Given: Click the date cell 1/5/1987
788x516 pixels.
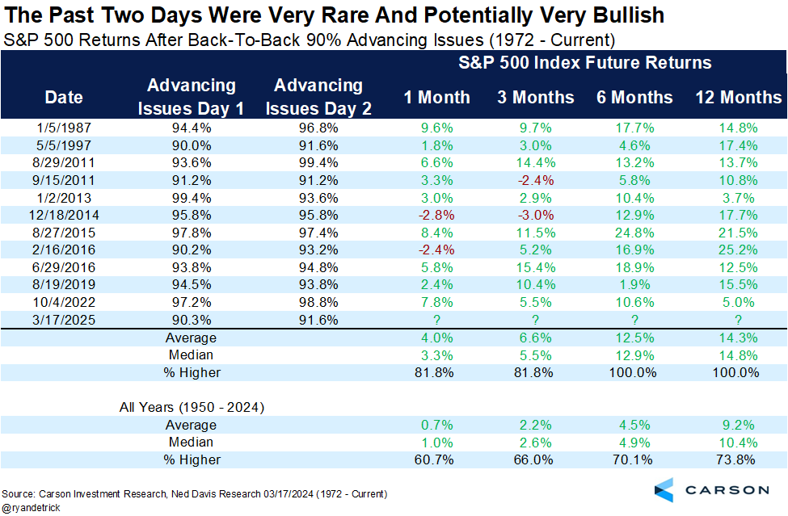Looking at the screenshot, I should [64, 127].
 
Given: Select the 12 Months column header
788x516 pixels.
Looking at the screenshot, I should [739, 98].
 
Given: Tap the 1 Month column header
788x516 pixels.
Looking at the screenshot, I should [437, 98].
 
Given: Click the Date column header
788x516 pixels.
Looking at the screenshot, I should [64, 98].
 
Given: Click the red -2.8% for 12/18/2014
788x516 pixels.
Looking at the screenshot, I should [437, 215].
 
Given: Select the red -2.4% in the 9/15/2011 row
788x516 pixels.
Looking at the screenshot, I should [536, 180].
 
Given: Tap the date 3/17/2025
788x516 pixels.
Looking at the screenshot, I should [64, 320].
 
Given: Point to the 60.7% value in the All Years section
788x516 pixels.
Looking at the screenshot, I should [437, 460].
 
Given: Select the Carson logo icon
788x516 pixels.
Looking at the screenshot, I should [664, 489].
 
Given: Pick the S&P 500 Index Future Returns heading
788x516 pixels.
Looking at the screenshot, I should [586, 62].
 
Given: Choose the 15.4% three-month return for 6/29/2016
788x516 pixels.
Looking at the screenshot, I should [536, 267].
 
